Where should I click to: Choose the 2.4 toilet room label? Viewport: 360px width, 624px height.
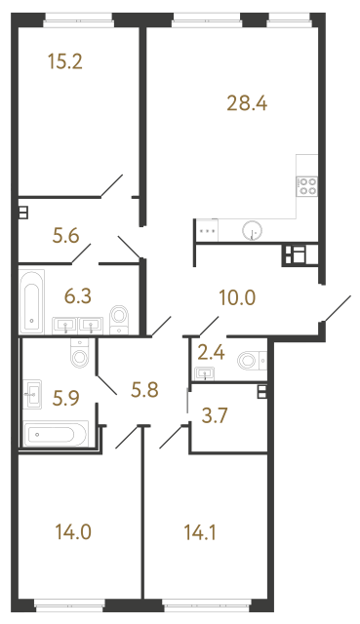[x=209, y=352]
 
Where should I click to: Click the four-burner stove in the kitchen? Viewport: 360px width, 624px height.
[x=308, y=186]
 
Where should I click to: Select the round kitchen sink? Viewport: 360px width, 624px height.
[x=253, y=230]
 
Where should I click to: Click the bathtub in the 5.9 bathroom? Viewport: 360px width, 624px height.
[x=57, y=432]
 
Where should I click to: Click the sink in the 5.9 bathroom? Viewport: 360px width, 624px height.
[x=33, y=394]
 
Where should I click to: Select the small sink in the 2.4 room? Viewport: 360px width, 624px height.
[x=205, y=372]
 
